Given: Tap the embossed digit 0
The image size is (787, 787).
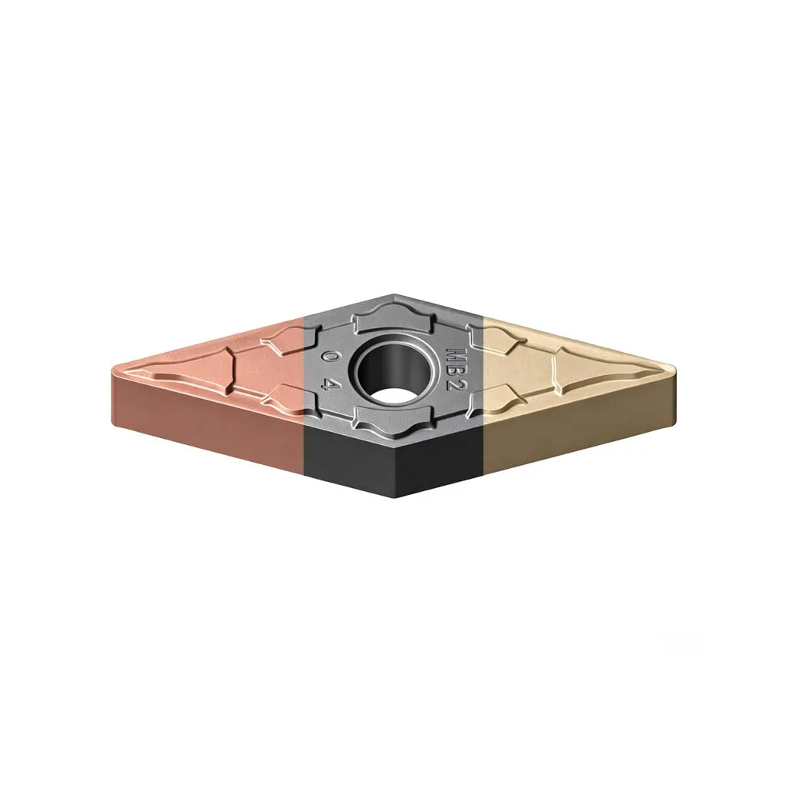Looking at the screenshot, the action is pyautogui.click(x=329, y=358).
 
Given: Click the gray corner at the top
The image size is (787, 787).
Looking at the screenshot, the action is pyautogui.click(x=394, y=296).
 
